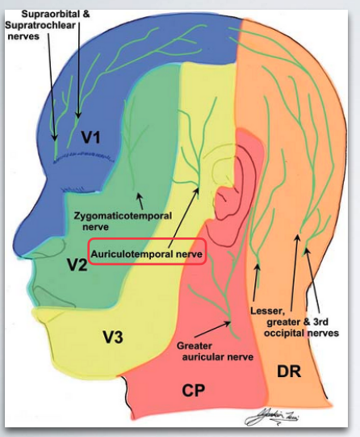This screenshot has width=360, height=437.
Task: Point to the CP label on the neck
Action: (x=193, y=391)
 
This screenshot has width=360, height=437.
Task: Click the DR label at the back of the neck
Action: (x=289, y=371)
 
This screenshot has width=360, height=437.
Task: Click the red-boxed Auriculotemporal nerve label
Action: (x=147, y=253)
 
